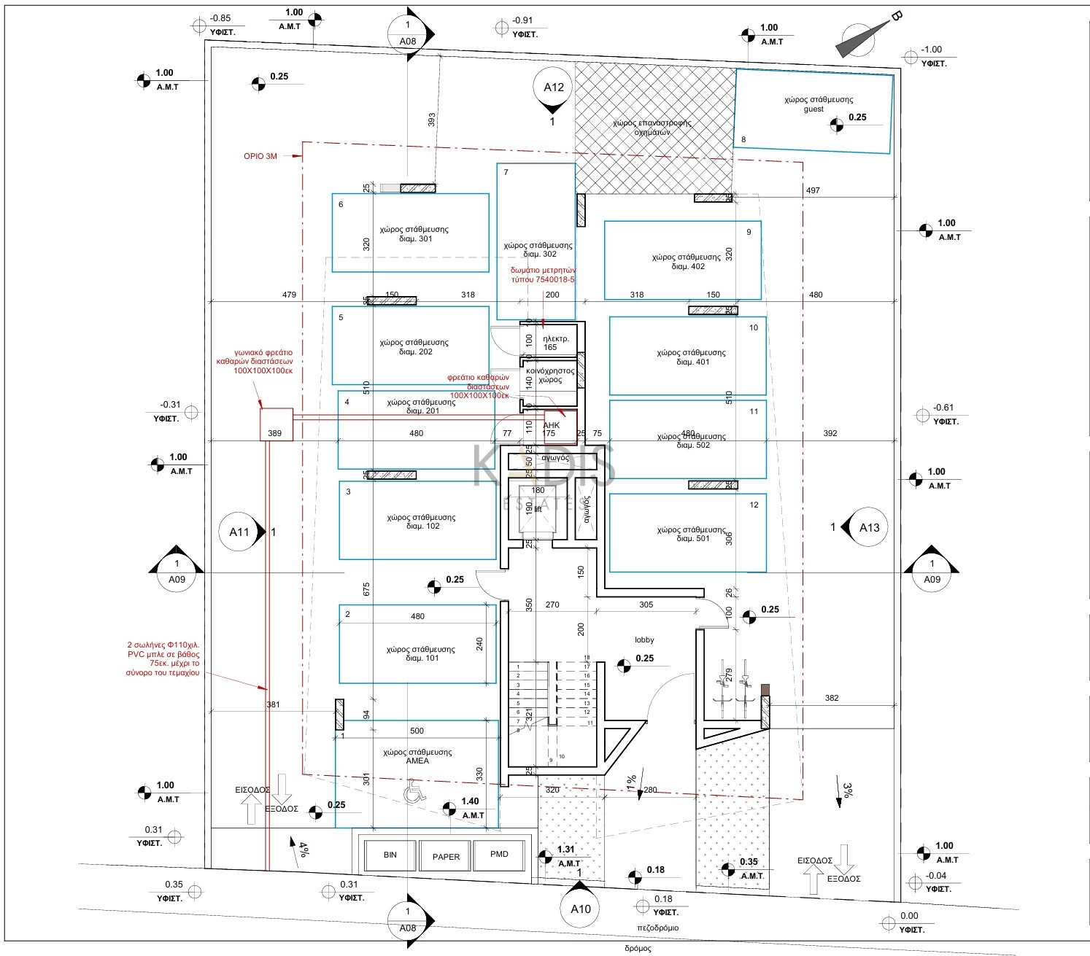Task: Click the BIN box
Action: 390,855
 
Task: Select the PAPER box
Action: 446,856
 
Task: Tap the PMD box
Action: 499,854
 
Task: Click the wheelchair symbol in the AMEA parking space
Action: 414,791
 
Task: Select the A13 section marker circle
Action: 869,527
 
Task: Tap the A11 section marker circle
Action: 240,532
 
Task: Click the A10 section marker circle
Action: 581,909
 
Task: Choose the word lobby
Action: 644,640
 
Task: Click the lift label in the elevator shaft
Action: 538,509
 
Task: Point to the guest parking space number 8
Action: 743,139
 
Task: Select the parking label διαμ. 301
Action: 415,239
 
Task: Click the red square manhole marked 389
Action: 277,424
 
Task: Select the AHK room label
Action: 552,425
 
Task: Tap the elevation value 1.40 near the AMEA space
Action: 471,801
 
